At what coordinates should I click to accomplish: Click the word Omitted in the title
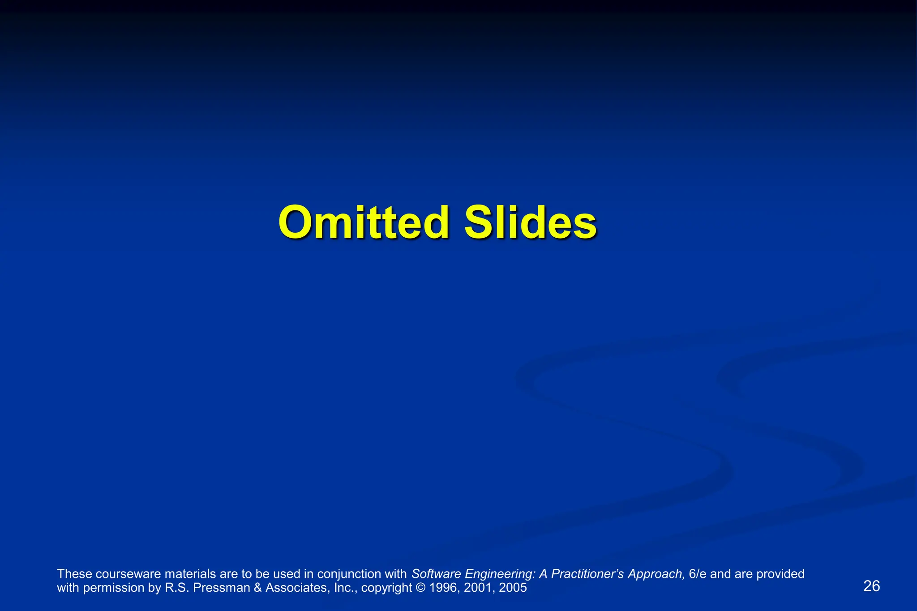[x=363, y=222]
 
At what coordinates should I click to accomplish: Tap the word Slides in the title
[x=530, y=222]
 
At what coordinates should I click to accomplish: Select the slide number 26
[x=871, y=586]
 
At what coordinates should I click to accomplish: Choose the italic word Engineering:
[x=500, y=574]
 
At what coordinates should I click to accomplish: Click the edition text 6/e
[x=698, y=574]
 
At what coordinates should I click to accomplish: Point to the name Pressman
[x=222, y=587]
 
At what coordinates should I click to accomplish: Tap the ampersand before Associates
[x=258, y=587]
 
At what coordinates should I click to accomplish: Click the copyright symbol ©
[x=420, y=587]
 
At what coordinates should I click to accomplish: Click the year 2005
[x=513, y=587]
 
